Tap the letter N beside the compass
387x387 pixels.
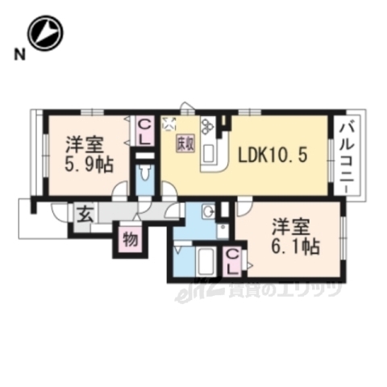click(17, 55)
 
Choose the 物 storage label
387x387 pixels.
click(129, 239)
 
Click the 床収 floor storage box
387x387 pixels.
click(185, 142)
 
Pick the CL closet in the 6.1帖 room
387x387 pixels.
click(233, 260)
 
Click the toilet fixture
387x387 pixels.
click(145, 174)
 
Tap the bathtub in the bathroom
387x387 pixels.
click(201, 261)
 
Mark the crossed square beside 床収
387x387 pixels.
click(169, 123)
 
